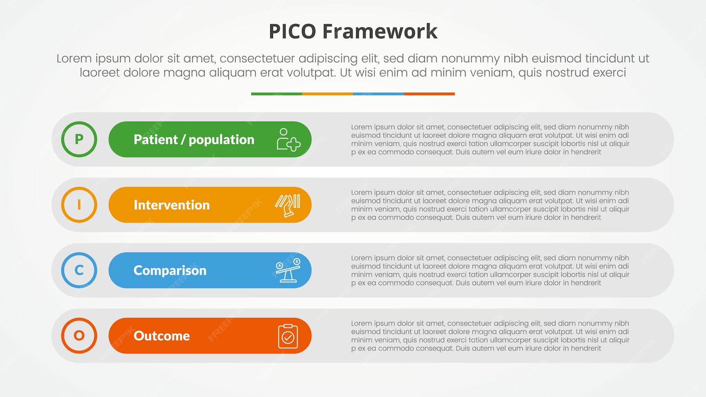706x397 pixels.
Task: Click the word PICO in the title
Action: tap(292, 31)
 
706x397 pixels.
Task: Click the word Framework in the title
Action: tap(380, 31)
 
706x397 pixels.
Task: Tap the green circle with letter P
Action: tap(79, 139)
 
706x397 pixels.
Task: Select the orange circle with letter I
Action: tap(79, 205)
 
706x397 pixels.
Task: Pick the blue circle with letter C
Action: tap(79, 270)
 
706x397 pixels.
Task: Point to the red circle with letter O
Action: tap(79, 335)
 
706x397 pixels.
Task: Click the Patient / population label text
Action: tap(194, 140)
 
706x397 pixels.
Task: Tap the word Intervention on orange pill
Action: tap(171, 205)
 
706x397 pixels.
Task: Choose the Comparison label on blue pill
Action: tap(170, 270)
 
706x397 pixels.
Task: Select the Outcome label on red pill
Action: tap(162, 336)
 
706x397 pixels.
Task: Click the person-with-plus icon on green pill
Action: tap(288, 140)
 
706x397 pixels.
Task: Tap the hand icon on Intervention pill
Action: tap(288, 205)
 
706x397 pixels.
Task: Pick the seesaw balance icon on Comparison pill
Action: tap(288, 270)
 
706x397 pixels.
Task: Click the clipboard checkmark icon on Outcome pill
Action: tap(288, 336)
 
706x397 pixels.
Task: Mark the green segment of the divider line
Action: tap(277, 94)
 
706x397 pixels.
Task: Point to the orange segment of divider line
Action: tap(328, 94)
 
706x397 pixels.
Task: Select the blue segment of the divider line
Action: tap(378, 94)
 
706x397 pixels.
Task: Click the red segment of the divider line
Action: tap(429, 94)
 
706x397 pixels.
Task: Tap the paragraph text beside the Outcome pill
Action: tap(489, 335)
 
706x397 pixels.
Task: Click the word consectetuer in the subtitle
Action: tap(257, 58)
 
